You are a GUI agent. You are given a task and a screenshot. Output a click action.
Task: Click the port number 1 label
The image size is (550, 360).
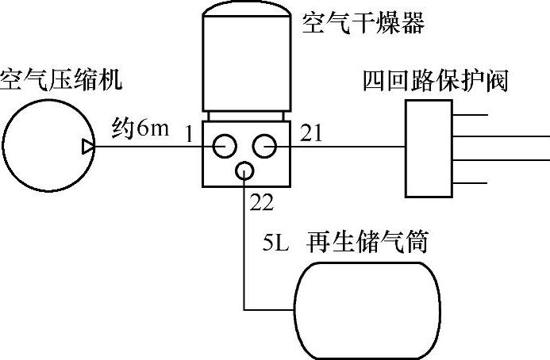tap(189, 135)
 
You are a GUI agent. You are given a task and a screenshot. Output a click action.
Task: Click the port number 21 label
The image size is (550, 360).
tap(312, 136)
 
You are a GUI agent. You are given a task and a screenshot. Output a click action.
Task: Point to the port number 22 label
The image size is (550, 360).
tap(261, 203)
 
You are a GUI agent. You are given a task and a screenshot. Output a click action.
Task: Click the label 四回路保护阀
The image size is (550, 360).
tap(435, 81)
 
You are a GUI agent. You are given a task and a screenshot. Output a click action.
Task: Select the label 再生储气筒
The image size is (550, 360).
tap(379, 241)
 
